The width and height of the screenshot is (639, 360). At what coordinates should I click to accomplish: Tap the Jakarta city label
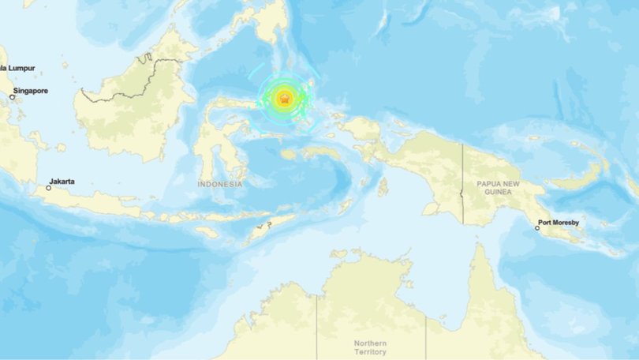tap(62, 182)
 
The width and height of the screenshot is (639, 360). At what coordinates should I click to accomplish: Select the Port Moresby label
tap(559, 223)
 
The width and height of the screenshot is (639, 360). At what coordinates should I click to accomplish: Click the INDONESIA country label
tap(220, 184)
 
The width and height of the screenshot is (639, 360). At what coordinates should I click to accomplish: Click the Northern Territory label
tap(371, 347)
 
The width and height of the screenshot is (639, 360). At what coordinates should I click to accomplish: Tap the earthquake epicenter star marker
tap(285, 99)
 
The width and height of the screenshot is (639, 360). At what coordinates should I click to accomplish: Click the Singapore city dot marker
tap(13, 97)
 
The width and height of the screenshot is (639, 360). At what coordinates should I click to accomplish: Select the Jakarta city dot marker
tap(48, 188)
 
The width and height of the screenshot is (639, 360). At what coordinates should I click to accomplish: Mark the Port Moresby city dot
tap(537, 228)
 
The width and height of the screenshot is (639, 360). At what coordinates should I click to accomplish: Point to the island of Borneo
tap(134, 111)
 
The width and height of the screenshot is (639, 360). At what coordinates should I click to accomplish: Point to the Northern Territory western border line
tap(317, 324)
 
